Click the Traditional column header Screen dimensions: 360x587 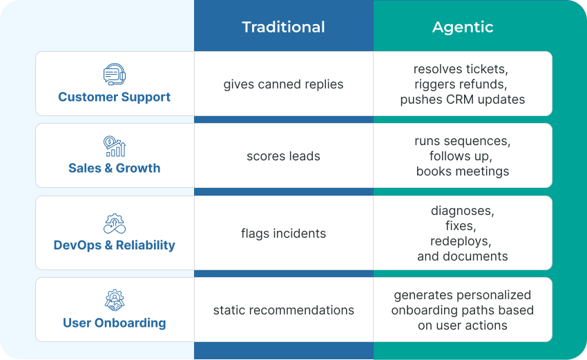tap(283, 27)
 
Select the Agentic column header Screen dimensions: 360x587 tap(463, 27)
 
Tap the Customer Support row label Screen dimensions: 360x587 tap(114, 97)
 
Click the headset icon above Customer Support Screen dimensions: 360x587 tap(114, 74)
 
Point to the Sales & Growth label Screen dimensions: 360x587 tap(114, 168)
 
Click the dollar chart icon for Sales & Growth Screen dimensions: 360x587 tap(114, 146)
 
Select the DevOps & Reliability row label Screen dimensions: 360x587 tap(114, 245)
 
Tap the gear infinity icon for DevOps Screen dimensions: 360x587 tap(114, 222)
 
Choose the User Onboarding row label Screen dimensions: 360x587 tap(114, 323)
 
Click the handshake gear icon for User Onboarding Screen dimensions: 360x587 tap(114, 300)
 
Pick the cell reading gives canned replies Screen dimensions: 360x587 tap(283, 84)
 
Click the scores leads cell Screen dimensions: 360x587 tap(283, 156)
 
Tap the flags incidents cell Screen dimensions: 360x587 tap(283, 234)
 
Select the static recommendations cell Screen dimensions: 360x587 tap(283, 310)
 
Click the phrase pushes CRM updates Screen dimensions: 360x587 tap(463, 100)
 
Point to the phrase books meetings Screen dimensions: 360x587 tap(463, 171)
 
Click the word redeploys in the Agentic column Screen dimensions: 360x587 tap(463, 241)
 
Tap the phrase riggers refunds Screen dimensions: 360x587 tap(463, 84)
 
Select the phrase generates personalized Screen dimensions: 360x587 tap(463, 295)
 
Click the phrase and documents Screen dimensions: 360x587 tap(463, 256)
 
